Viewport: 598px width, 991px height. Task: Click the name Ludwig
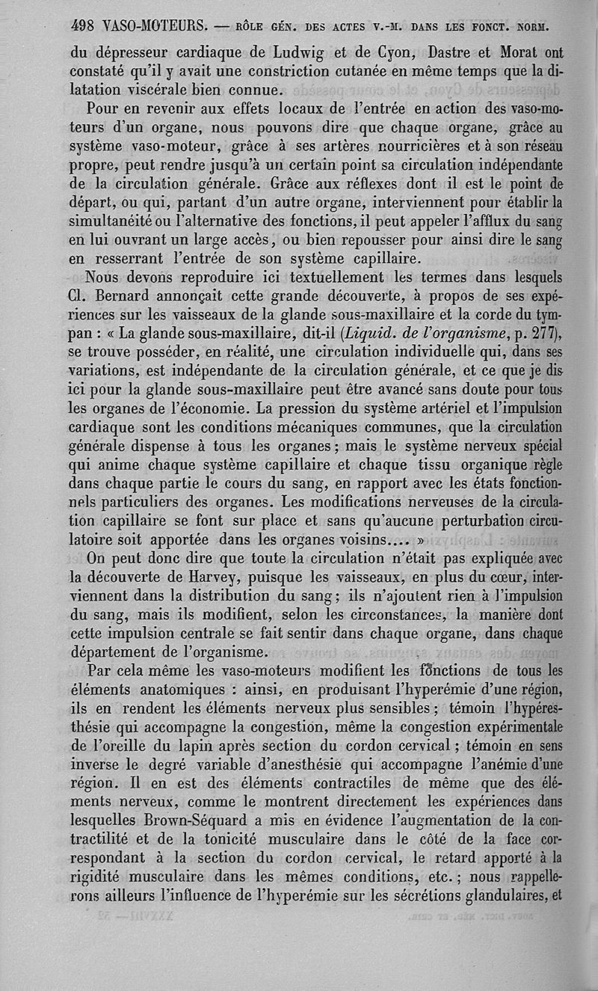302,54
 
